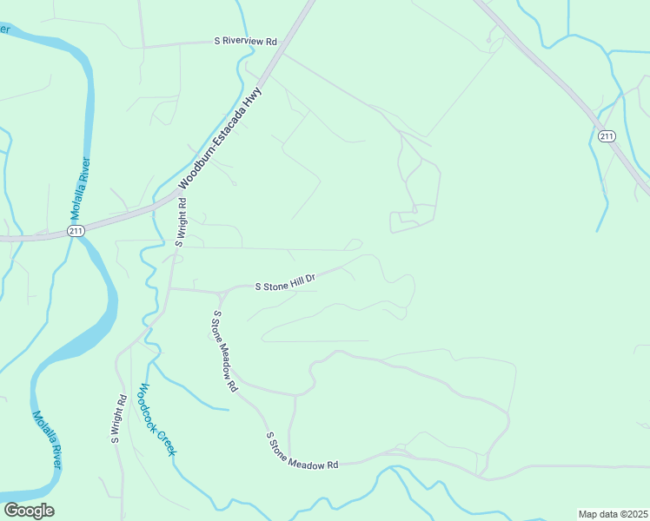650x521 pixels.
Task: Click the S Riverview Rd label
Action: point(246,41)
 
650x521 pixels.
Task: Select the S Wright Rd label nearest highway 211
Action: point(181,223)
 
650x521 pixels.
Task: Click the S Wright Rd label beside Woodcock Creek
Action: point(119,419)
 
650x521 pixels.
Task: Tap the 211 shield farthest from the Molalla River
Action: point(606,135)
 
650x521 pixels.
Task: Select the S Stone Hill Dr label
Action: point(283,282)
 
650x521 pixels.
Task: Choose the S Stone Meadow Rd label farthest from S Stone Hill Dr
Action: point(302,452)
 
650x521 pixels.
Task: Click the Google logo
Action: point(29,511)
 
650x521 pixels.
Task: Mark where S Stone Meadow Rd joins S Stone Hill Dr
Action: point(214,291)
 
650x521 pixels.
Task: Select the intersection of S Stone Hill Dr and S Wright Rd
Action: point(169,288)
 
